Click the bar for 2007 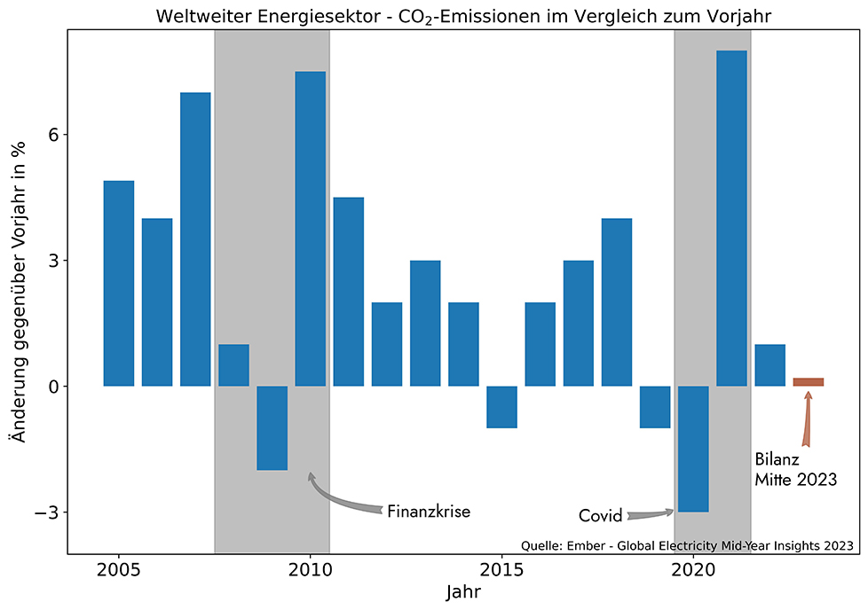coord(195,239)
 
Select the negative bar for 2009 coord(272,428)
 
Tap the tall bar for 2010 coord(310,229)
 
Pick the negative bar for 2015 coord(501,407)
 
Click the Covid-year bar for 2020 coord(693,449)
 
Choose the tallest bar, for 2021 coord(731,218)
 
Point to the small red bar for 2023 coord(808,382)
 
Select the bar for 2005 coord(119,284)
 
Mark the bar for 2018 coord(617,302)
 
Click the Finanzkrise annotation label coord(428,512)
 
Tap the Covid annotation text coord(600,516)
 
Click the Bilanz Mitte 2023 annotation coord(795,470)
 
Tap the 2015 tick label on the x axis coord(501,567)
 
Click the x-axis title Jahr coord(465,590)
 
